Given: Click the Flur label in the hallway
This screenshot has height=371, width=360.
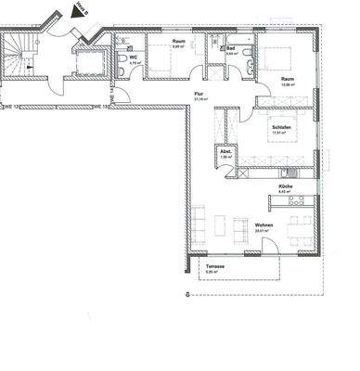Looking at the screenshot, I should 198,95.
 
